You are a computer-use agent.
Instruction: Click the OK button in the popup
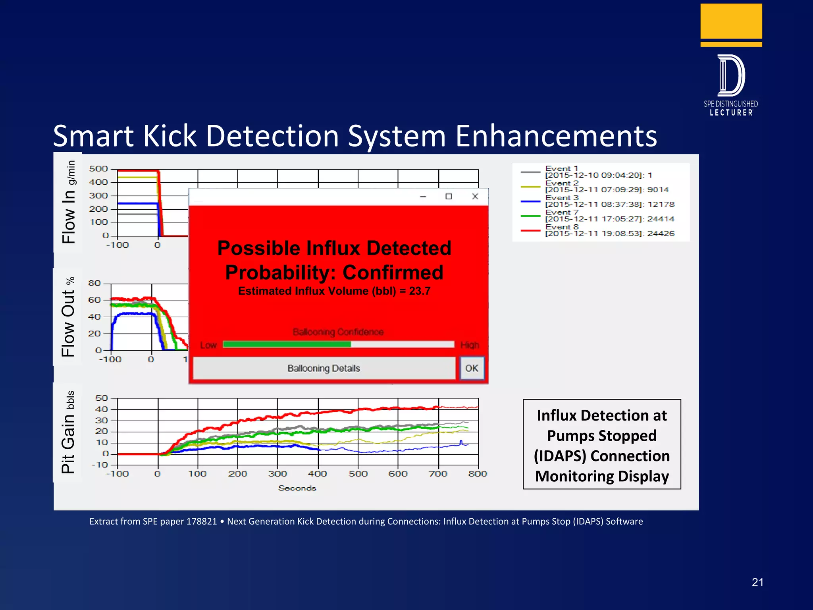click(472, 368)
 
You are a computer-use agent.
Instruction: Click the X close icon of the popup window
click(475, 196)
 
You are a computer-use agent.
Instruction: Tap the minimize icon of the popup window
click(423, 197)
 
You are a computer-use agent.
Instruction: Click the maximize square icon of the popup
click(449, 196)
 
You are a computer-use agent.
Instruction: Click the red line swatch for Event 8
click(530, 230)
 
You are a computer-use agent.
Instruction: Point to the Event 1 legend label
click(561, 169)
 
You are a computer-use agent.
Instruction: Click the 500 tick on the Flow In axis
click(98, 169)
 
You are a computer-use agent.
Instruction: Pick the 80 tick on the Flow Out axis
click(94, 283)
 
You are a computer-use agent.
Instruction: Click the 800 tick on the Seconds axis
click(478, 473)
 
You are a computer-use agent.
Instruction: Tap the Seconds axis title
click(297, 488)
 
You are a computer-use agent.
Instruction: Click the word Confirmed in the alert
click(393, 272)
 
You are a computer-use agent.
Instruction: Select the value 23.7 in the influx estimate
click(420, 291)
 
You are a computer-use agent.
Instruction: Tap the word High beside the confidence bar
click(470, 345)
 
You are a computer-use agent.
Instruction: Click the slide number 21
click(757, 582)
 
